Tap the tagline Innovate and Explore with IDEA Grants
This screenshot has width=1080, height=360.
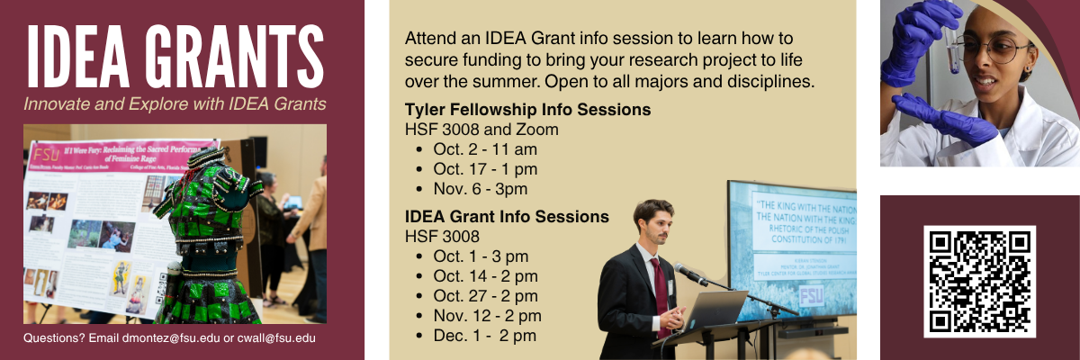(x=175, y=103)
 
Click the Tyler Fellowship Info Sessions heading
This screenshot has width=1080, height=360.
(x=527, y=110)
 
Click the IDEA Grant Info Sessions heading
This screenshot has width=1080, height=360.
(x=507, y=217)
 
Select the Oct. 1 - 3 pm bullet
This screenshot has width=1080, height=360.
(x=481, y=256)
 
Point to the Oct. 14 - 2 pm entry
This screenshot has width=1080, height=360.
(x=485, y=276)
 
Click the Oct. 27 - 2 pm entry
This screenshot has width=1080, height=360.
(x=485, y=296)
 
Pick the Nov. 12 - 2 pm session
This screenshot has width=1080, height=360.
(x=487, y=316)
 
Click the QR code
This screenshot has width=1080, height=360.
(x=979, y=281)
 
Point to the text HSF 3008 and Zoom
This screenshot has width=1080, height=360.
(x=481, y=130)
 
